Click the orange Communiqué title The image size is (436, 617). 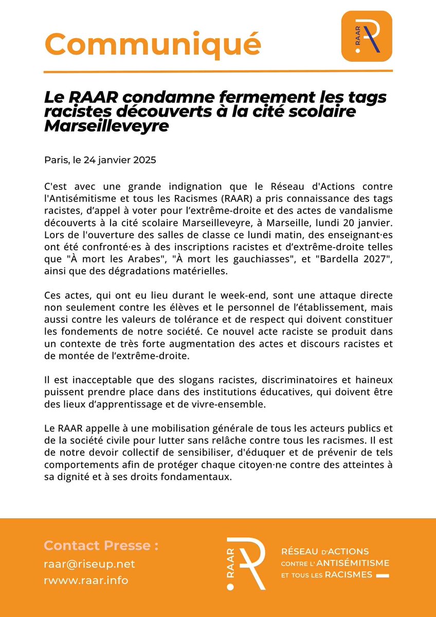point(152,44)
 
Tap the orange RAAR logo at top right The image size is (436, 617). point(367,36)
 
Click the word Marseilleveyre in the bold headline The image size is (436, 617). point(106,126)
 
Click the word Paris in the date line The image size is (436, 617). point(55,160)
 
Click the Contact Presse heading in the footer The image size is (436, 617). point(101,545)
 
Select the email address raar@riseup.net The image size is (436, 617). point(89,564)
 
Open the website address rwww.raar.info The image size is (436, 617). point(86,580)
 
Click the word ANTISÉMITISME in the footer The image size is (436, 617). point(357,563)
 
